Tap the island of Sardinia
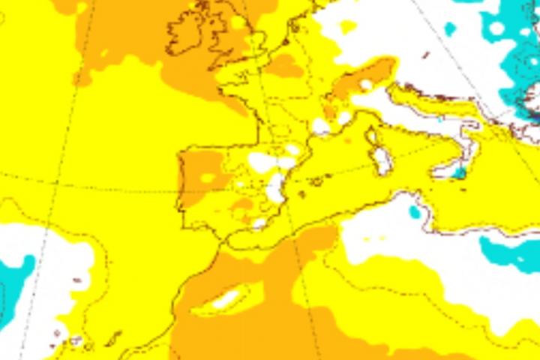pyautogui.click(x=382, y=161)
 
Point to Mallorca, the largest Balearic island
pyautogui.click(x=318, y=181)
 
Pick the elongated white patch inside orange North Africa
pyautogui.click(x=228, y=300)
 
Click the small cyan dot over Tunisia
pyautogui.click(x=415, y=212)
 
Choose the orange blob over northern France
pyautogui.click(x=283, y=66)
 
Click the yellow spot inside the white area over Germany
pyautogui.click(x=348, y=26)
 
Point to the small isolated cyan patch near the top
pyautogui.click(x=449, y=29)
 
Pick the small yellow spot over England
pyautogui.click(x=238, y=22)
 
